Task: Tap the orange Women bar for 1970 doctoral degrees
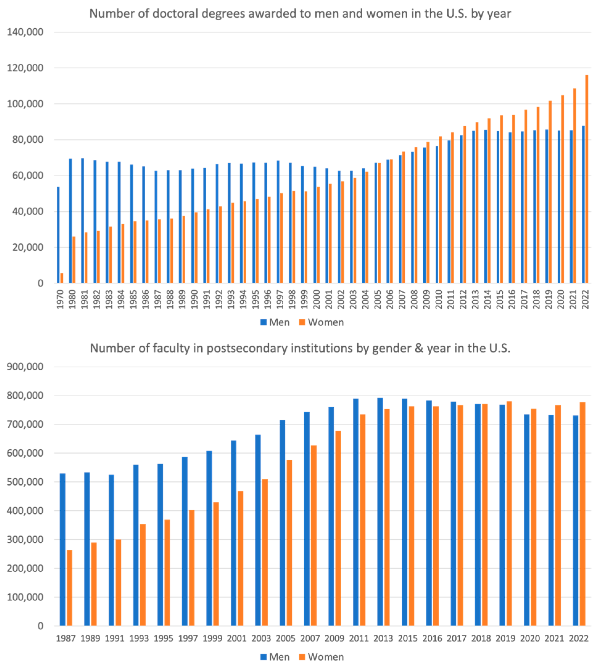(62, 278)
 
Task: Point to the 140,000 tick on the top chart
(25, 32)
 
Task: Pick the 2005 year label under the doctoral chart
(377, 299)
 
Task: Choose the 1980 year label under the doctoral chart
(72, 299)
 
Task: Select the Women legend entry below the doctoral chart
(321, 322)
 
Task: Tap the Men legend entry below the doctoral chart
(275, 322)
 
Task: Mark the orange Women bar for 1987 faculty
(70, 588)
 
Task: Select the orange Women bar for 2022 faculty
(582, 514)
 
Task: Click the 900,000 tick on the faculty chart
(25, 367)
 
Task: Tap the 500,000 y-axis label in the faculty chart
(25, 482)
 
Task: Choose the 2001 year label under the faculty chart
(237, 638)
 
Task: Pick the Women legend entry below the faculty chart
(321, 657)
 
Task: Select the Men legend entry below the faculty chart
(275, 657)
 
